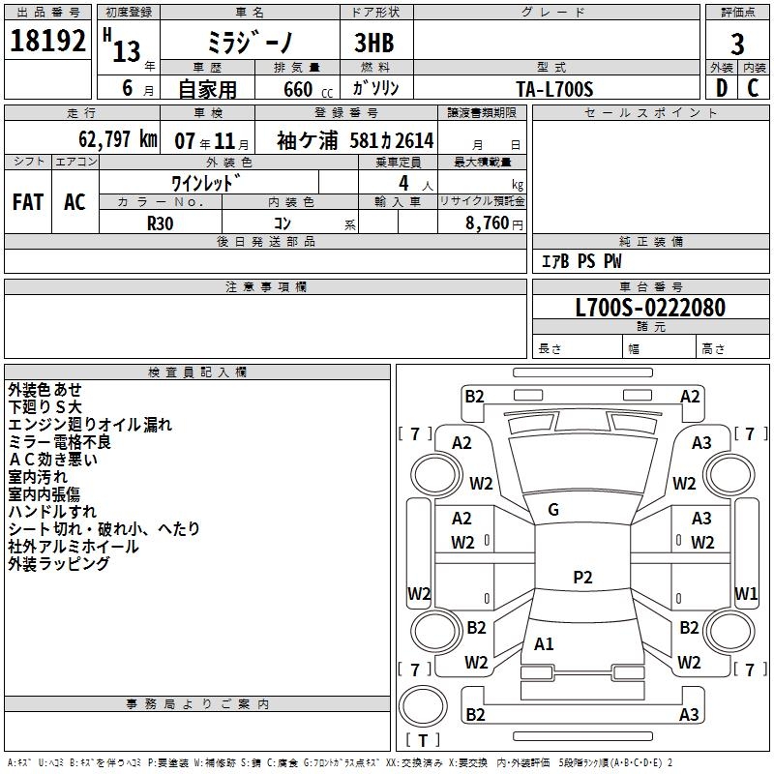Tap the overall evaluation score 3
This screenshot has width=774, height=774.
tap(737, 45)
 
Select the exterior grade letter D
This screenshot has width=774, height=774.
tap(721, 88)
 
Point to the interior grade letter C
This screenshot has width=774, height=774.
tap(753, 88)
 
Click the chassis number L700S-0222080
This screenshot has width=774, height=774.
tap(650, 309)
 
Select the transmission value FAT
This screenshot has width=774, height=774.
tap(28, 202)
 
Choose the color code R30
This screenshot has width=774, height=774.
tap(161, 222)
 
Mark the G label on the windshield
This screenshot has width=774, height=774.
tap(553, 510)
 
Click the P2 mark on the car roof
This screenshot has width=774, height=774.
tap(582, 578)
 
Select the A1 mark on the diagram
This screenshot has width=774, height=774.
tap(545, 643)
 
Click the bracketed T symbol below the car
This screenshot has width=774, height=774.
tap(423, 740)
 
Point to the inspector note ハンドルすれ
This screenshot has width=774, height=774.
tap(52, 511)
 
